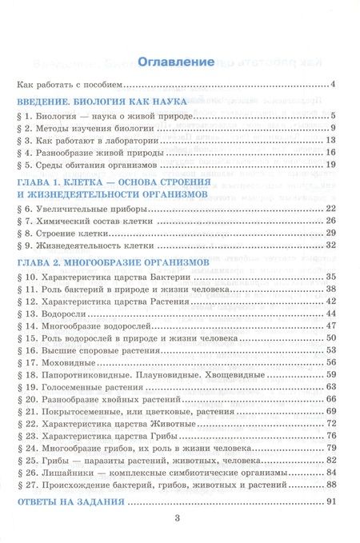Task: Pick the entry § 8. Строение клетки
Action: coord(68,233)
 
